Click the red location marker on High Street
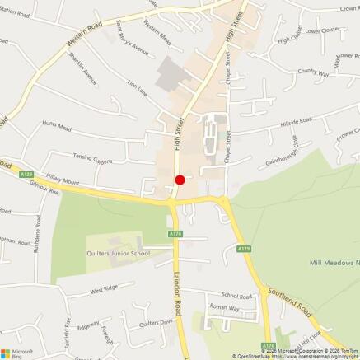(180, 180)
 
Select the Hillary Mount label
(62, 180)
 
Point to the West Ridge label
(105, 290)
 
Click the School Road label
(236, 295)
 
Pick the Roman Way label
(224, 307)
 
